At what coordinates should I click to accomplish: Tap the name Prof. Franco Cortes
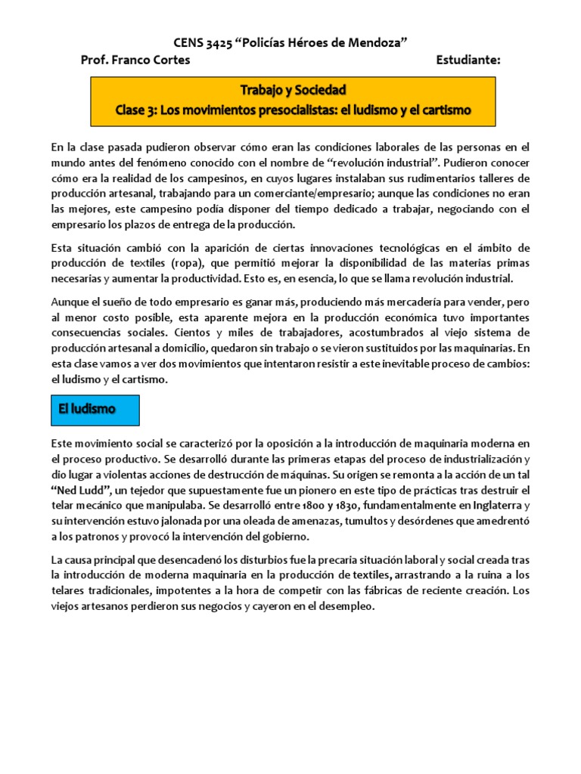pos(135,60)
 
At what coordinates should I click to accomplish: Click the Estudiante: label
pos(468,60)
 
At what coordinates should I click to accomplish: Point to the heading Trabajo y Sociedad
pos(293,91)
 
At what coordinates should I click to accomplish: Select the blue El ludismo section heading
pos(87,409)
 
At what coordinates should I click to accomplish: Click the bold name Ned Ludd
pos(81,488)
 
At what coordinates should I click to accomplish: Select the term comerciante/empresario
pos(315,193)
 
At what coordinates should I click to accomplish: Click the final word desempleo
pos(349,606)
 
